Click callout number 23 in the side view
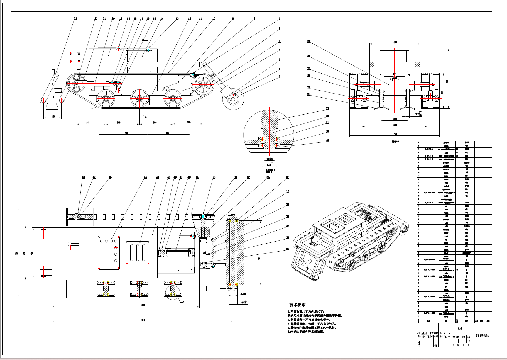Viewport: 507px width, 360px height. pos(75,19)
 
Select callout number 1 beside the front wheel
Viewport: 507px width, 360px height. pos(280,77)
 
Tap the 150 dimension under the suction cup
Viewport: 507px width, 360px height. pos(53,116)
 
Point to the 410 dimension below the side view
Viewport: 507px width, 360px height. pos(126,133)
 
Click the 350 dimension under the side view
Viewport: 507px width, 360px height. pos(168,133)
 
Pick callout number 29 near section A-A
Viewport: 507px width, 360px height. pos(309,41)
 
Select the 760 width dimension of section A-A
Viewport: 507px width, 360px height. pos(395,134)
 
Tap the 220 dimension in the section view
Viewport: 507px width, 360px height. pos(395,119)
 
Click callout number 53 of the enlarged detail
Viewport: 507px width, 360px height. pos(327,109)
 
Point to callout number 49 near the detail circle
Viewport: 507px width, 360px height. pos(327,141)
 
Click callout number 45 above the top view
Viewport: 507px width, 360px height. pos(145,177)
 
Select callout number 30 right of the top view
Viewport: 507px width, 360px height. pos(288,249)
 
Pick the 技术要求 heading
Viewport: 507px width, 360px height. pos(297,305)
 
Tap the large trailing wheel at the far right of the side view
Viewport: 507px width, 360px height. pos(233,99)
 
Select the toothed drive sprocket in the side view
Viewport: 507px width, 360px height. pos(203,85)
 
